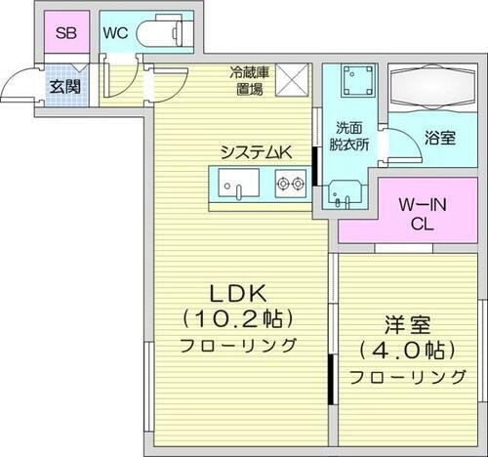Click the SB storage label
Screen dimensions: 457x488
pos(65,33)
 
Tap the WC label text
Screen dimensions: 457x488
pos(116,33)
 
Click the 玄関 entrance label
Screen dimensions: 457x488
pos(65,86)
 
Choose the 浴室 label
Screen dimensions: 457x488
pos(439,139)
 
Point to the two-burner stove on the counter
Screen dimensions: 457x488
pos(291,182)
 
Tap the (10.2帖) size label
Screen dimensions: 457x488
pos(238,318)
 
